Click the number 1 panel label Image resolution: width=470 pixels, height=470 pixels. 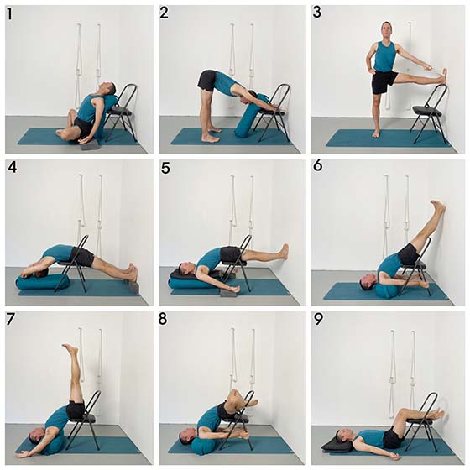coord(9,14)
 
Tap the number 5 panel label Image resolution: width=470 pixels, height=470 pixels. coord(165,169)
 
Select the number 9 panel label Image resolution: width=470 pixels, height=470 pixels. coord(318,320)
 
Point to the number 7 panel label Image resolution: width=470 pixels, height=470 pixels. coord(10,320)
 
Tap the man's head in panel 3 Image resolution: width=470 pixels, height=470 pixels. coord(387,29)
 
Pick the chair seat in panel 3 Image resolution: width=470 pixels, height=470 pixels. coord(427,111)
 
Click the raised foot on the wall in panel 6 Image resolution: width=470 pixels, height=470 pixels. coord(438,206)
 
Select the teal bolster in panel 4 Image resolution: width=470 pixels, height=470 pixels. coord(43,282)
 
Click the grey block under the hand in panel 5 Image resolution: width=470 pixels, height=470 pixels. coord(231,293)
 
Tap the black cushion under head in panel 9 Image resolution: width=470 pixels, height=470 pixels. coord(337,445)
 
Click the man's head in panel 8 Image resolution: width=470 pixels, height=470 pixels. coord(189,435)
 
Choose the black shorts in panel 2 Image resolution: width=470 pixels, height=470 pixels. coord(207,79)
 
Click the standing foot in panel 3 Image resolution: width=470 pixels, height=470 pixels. coord(376,133)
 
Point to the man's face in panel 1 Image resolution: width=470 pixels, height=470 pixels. coord(107,87)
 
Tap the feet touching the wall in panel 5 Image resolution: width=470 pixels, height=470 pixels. coord(284,252)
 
